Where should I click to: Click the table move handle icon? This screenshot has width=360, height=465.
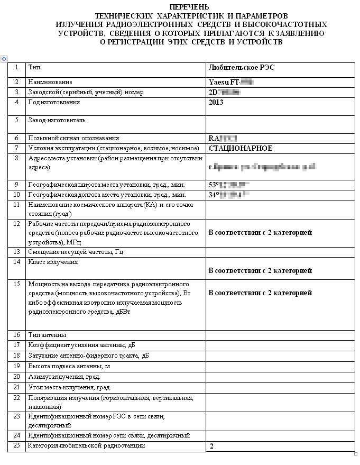pyautogui.click(x=4, y=58)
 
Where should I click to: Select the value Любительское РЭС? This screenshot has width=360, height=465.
pyautogui.click(x=242, y=68)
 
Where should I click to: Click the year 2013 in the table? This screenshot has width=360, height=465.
pyautogui.click(x=216, y=102)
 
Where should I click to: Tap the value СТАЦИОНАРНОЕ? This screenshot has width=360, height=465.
pyautogui.click(x=241, y=148)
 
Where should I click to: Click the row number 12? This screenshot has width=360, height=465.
pyautogui.click(x=17, y=224)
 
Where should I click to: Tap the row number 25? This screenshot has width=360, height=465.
pyautogui.click(x=17, y=445)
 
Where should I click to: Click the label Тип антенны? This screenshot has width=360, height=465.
pyautogui.click(x=47, y=334)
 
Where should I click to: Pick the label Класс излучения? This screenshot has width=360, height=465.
pyautogui.click(x=53, y=261)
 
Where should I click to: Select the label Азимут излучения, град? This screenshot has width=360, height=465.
pyautogui.click(x=64, y=377)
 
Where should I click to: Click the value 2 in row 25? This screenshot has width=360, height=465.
pyautogui.click(x=211, y=446)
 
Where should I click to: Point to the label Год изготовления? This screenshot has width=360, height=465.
pyautogui.click(x=54, y=102)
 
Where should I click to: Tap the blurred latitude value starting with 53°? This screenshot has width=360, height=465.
pyautogui.click(x=228, y=185)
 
